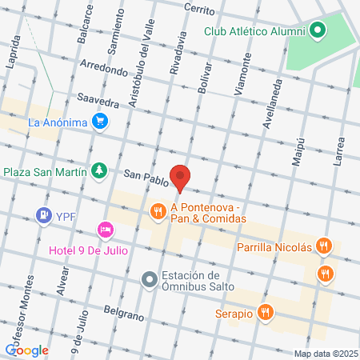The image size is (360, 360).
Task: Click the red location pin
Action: point(182,178)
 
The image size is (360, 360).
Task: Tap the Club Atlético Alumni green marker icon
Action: point(318,31)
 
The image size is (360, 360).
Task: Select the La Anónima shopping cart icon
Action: point(100,122)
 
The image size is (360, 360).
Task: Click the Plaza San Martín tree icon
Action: point(98,170)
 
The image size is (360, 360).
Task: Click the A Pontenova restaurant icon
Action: point(158,210)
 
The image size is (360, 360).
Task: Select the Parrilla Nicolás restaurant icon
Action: point(323,247)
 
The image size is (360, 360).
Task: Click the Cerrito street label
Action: point(198,10)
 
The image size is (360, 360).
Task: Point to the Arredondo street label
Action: point(103,70)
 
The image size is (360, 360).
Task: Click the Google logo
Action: point(26,350)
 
